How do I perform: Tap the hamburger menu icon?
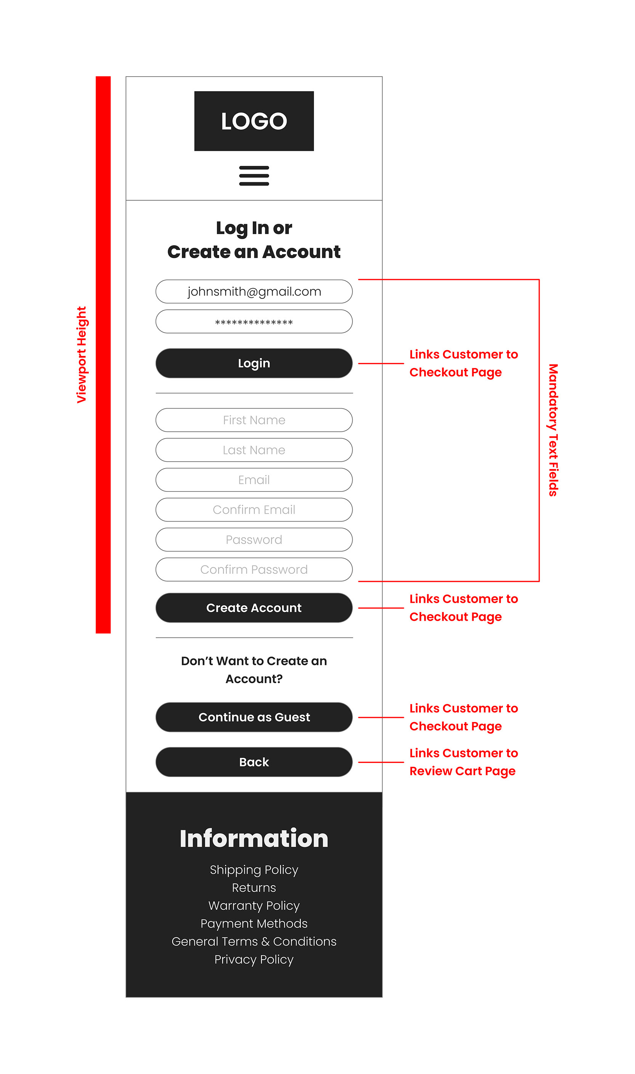(254, 175)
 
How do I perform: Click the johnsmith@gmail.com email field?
(254, 291)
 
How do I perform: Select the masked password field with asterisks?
(254, 321)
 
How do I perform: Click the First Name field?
(254, 420)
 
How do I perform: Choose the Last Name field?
(254, 450)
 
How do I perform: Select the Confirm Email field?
(254, 510)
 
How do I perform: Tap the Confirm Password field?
(254, 570)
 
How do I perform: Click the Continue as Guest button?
(254, 717)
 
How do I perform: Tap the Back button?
(254, 762)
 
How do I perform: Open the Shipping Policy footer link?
(254, 870)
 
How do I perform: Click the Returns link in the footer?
(254, 888)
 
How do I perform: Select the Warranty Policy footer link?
(254, 906)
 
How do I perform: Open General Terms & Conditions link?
(254, 942)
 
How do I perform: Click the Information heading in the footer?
(254, 839)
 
